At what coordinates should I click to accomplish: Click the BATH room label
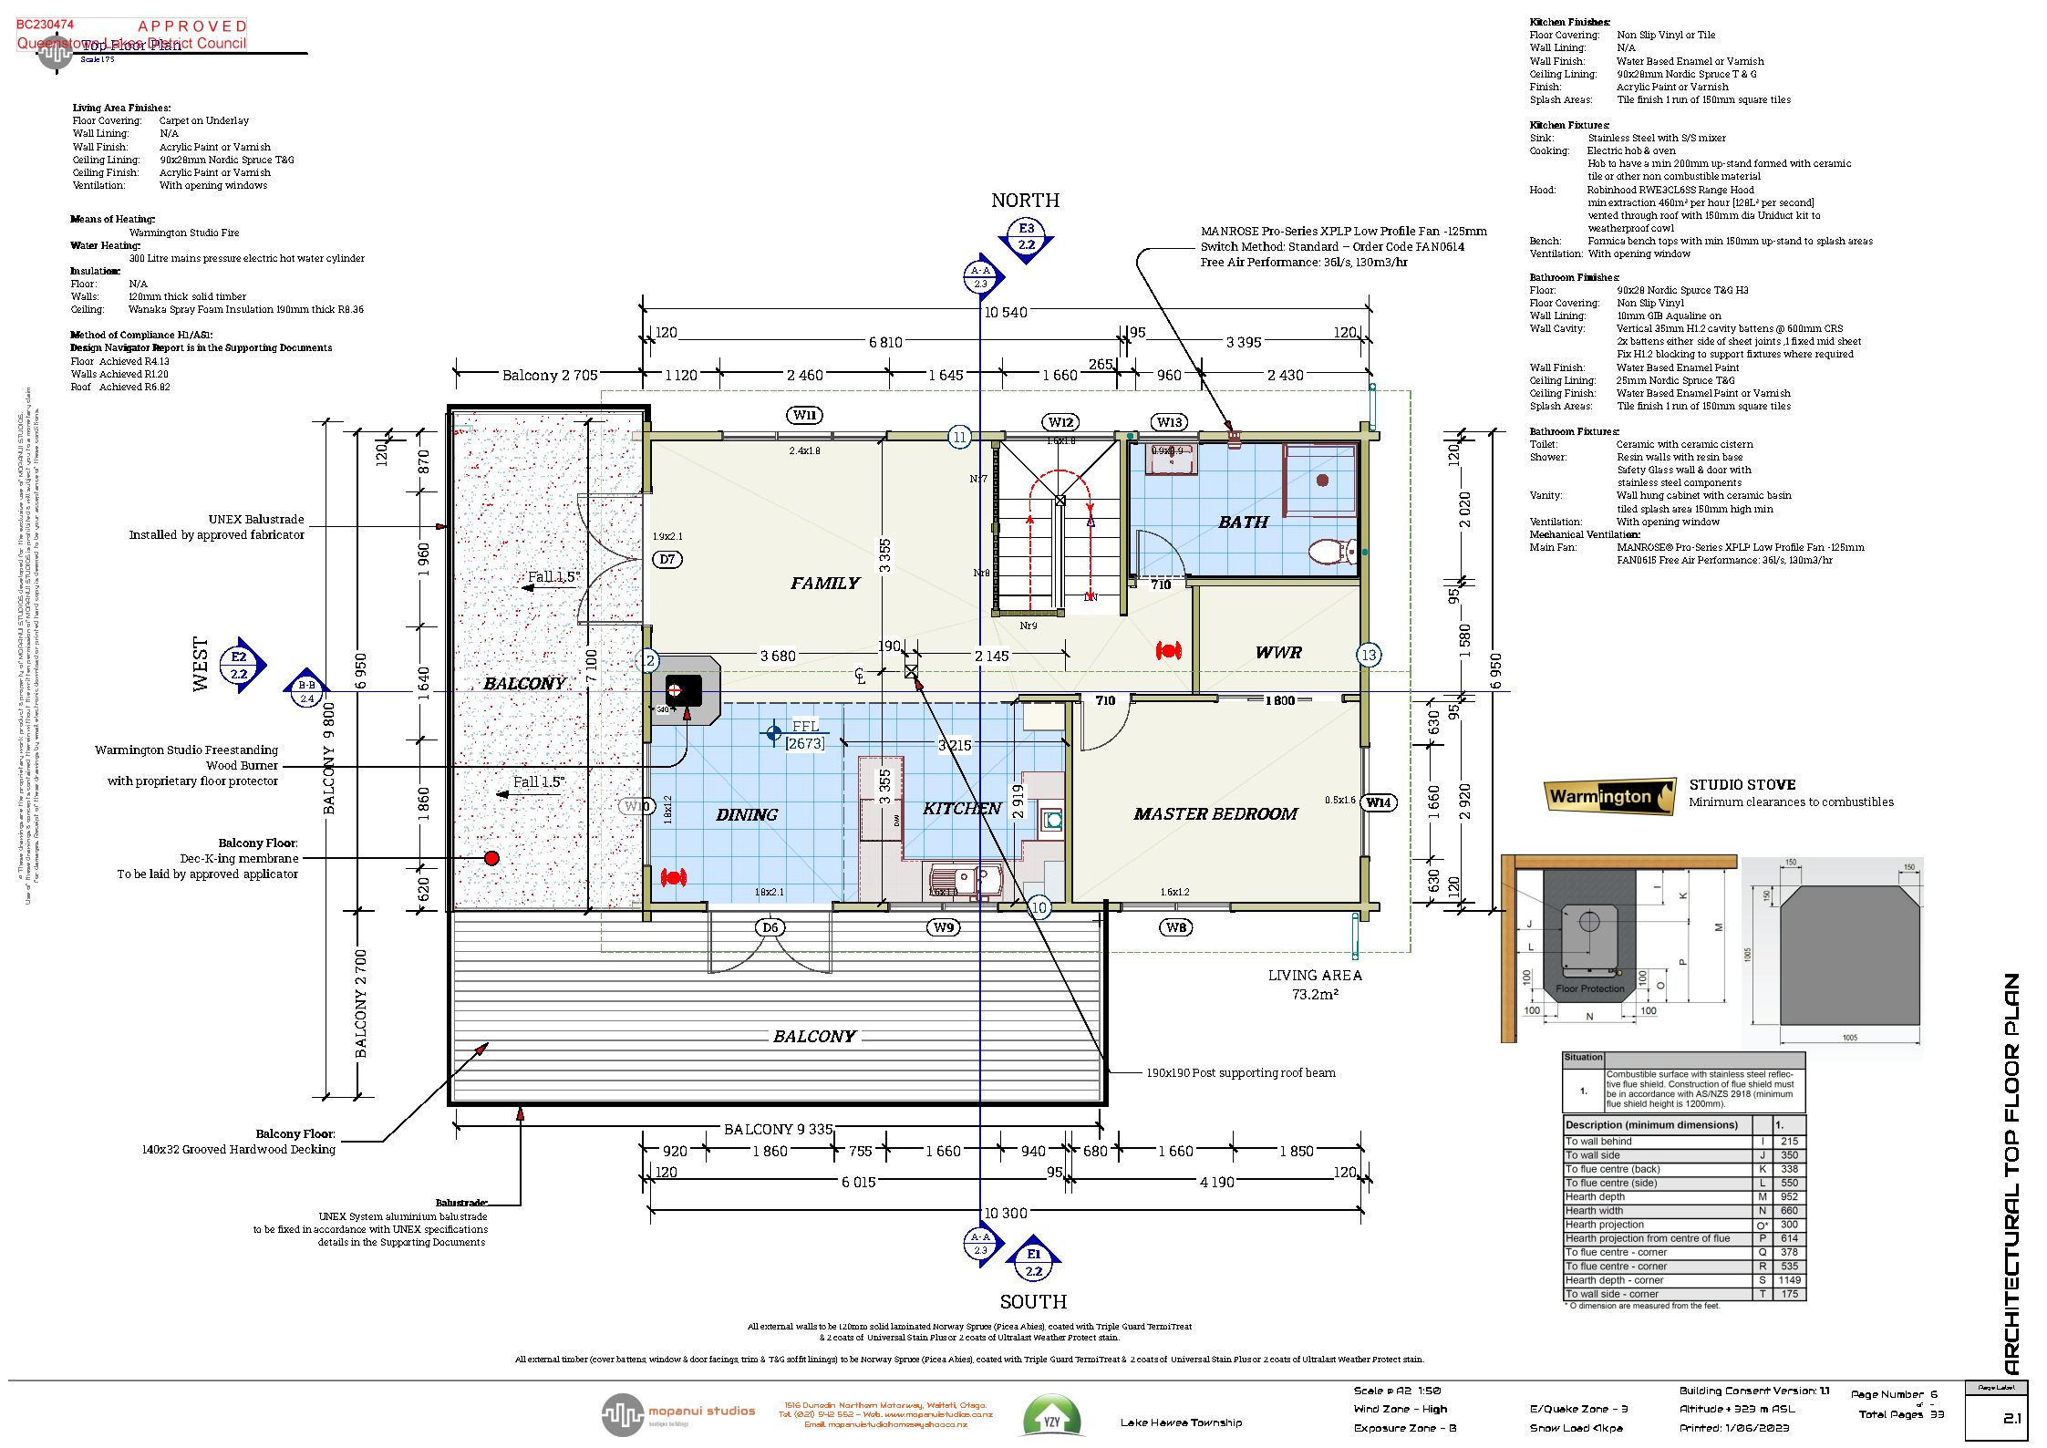pos(1243,522)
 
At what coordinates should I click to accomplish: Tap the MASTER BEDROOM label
pos(1215,814)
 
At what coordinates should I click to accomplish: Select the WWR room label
pos(1278,653)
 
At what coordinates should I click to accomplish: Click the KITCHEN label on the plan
pos(961,809)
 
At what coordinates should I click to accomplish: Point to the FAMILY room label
pos(824,584)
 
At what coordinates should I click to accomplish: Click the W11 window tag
pos(804,416)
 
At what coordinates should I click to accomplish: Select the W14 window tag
pos(1378,802)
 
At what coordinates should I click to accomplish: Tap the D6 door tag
pos(770,927)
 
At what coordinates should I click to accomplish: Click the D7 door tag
pos(667,559)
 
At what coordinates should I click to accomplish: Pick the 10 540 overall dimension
pos(1005,313)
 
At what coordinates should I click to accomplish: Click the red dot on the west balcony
pos(491,858)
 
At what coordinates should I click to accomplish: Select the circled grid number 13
pos(1368,655)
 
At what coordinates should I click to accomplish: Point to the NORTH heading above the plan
pos(1025,201)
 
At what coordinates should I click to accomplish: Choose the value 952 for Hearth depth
pos(1789,1197)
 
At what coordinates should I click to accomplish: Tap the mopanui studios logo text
pos(701,1411)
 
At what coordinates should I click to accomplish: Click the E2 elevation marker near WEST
pos(239,665)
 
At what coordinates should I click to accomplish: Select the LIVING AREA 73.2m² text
pos(1315,985)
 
